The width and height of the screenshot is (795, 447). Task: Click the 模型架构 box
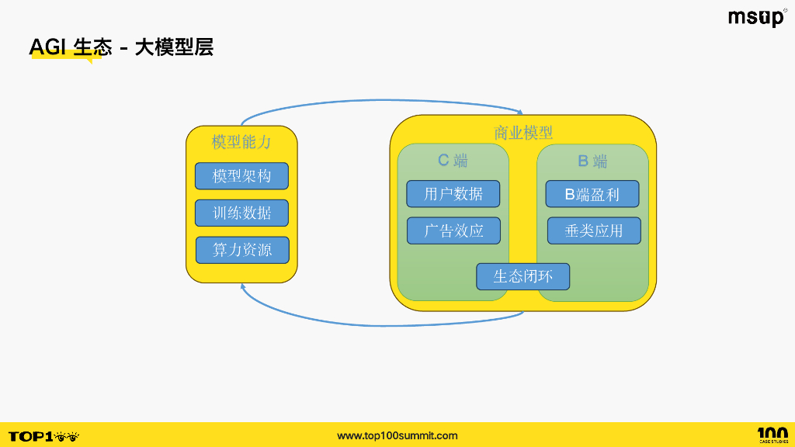pos(241,176)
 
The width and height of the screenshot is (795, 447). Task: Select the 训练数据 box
pos(241,213)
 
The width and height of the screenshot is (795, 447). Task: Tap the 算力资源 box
pos(242,250)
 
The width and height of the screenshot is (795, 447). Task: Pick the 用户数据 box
pos(453,194)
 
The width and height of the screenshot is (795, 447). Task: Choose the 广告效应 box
pos(453,230)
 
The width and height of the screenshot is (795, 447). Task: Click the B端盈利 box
pos(592,194)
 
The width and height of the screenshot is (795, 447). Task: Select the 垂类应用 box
pos(594,230)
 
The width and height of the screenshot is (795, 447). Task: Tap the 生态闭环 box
pos(522,276)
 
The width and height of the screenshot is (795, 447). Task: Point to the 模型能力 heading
pos(241,142)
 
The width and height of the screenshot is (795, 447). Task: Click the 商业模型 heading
pos(523,133)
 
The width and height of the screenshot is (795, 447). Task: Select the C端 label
pos(453,161)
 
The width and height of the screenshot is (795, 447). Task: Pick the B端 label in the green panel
pos(592,161)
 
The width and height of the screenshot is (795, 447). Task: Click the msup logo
pos(756,17)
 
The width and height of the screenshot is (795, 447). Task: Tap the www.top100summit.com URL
pos(397,435)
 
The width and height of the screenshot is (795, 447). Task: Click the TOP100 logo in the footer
pos(43,436)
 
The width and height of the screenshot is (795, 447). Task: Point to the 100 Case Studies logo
pos(772,435)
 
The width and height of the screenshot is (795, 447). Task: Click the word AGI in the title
pos(48,48)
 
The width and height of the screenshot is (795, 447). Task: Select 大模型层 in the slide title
pos(174,48)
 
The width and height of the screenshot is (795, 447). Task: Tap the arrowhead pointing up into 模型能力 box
pos(244,286)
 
